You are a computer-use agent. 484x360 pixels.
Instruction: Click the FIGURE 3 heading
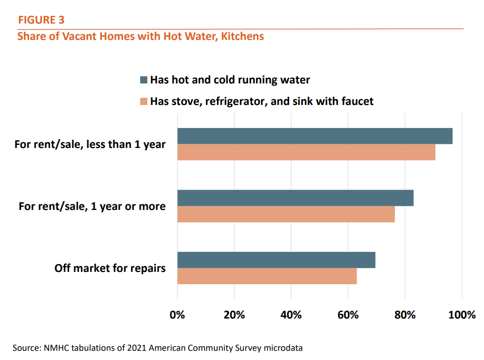coord(41,20)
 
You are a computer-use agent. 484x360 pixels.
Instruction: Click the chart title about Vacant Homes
coord(141,36)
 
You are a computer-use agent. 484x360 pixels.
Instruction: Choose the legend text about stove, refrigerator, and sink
coord(261,101)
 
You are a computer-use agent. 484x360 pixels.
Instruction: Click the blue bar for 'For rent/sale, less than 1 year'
coord(315,136)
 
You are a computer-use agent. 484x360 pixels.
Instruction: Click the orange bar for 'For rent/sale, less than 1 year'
coord(306,152)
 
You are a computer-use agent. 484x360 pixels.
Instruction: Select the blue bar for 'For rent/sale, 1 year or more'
coord(295,198)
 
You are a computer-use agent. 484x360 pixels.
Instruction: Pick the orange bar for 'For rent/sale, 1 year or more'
coord(286,214)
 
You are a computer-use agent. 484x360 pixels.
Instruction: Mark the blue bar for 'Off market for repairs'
coord(276,260)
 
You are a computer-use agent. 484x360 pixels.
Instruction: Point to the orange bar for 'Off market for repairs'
coord(267,276)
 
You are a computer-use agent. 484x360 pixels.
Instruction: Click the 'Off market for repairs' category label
coord(110,268)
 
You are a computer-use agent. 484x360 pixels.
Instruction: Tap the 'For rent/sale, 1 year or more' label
coord(92,206)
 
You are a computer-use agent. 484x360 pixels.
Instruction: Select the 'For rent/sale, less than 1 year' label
coord(90,144)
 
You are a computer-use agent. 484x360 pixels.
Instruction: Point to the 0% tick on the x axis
coord(178,314)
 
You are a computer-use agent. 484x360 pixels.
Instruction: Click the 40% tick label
coord(291,314)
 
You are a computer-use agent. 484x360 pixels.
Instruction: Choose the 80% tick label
coord(405,314)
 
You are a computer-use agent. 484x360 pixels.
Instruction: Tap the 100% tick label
coord(461,314)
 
